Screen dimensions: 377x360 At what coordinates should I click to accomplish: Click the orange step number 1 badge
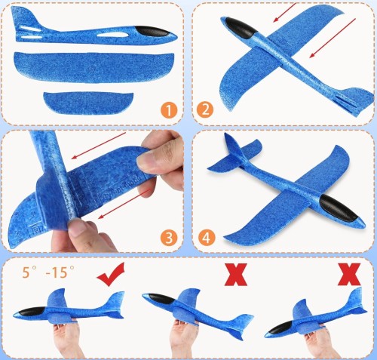pyautogui.click(x=169, y=110)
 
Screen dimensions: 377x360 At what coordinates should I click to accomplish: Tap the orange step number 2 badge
pyautogui.click(x=205, y=109)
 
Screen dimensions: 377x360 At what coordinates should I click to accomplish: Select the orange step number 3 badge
pyautogui.click(x=169, y=238)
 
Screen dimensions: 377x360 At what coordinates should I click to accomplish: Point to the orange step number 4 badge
pyautogui.click(x=207, y=237)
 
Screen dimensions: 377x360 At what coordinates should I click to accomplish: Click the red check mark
pyautogui.click(x=111, y=274)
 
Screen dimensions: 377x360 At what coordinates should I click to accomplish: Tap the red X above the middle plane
pyautogui.click(x=235, y=275)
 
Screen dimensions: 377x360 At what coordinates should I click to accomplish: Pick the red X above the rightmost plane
pyautogui.click(x=349, y=274)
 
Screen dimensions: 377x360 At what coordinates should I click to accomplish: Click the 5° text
pyautogui.click(x=29, y=272)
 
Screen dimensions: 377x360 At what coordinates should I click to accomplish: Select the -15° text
pyautogui.click(x=60, y=272)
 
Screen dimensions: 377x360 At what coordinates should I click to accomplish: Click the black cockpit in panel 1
pyautogui.click(x=152, y=32)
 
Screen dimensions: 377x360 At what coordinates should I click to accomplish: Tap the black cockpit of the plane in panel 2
pyautogui.click(x=241, y=28)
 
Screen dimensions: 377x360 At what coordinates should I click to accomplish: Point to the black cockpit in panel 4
pyautogui.click(x=339, y=208)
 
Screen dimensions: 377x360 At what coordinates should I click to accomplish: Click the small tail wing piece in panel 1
pyautogui.click(x=88, y=103)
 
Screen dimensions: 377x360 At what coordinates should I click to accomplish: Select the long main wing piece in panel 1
pyautogui.click(x=93, y=67)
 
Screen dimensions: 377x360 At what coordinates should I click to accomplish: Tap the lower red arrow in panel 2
pyautogui.click(x=333, y=38)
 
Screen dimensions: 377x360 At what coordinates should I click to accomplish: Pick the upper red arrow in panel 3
pyautogui.click(x=99, y=146)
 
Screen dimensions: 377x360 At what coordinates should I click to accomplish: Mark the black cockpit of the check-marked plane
pyautogui.click(x=32, y=312)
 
